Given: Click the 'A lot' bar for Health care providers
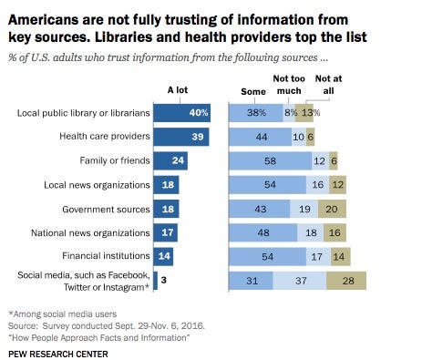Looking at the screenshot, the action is click(181, 137).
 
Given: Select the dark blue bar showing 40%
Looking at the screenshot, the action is click(181, 113).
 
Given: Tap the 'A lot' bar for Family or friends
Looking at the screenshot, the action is click(170, 160).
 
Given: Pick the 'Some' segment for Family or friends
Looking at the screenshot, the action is click(270, 160).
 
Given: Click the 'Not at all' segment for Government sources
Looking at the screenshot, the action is click(332, 209).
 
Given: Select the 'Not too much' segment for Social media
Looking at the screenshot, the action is click(300, 281).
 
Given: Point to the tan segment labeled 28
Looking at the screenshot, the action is click(346, 281).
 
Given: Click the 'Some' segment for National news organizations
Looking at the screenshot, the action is click(262, 232).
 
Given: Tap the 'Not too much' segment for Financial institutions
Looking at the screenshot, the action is click(318, 257).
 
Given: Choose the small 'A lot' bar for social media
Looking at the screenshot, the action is click(156, 281).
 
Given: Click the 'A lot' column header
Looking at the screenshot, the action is click(178, 90).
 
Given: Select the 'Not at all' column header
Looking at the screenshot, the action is click(328, 85).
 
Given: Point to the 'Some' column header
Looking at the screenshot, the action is click(253, 91).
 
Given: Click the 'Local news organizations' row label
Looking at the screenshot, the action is click(97, 185).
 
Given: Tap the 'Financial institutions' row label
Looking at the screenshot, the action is click(106, 256).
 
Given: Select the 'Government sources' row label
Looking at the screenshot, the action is click(106, 210).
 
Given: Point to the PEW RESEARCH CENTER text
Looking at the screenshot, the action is click(58, 355).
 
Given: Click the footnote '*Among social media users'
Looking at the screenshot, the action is click(63, 314).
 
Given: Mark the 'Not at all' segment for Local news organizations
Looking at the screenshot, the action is click(337, 185).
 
